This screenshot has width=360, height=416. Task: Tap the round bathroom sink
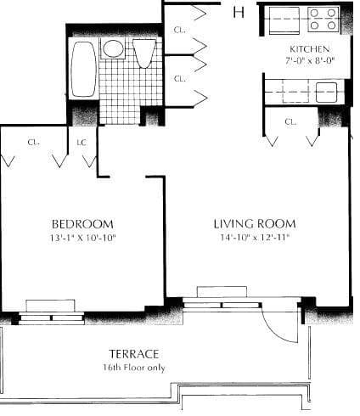pos(114,48)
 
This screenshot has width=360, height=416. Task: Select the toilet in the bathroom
pos(144,53)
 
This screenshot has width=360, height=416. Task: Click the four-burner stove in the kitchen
pos(323,19)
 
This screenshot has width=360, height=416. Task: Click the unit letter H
pos(239,12)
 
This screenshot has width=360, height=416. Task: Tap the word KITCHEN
pos(309,49)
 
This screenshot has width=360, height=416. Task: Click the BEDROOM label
pos(82,224)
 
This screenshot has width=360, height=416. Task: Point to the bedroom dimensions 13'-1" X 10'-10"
pos(82,238)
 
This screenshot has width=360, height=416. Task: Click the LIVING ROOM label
pos(255,224)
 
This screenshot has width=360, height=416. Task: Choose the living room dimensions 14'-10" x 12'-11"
pos(255,238)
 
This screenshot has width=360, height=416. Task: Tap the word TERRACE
pos(134,353)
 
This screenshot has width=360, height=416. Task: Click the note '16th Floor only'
pos(134,367)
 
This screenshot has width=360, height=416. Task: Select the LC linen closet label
pos(82,142)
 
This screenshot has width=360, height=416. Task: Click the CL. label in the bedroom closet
pos(31,142)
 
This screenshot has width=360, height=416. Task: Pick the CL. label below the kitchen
pos(290,121)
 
